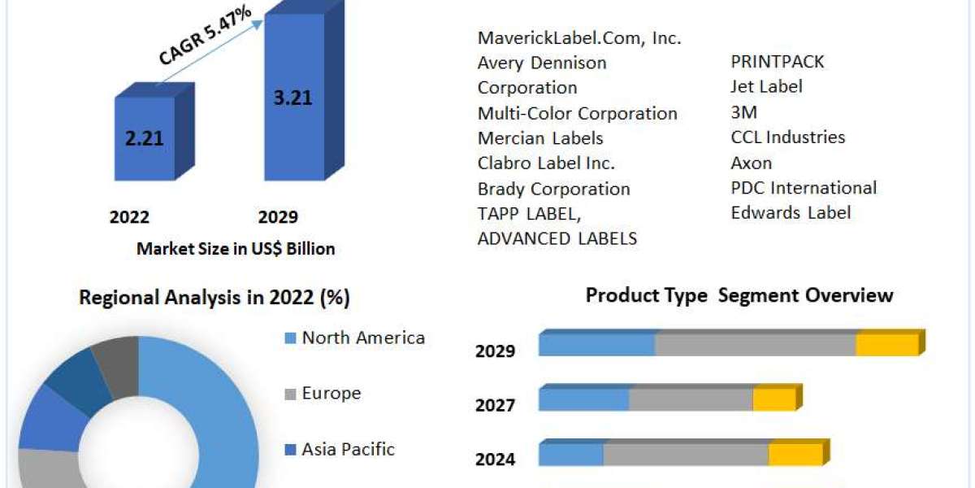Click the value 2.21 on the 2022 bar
pyautogui.click(x=145, y=138)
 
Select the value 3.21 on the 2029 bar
pyautogui.click(x=293, y=98)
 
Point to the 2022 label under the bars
pyautogui.click(x=129, y=217)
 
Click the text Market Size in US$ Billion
pyautogui.click(x=236, y=249)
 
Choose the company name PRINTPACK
pyautogui.click(x=778, y=62)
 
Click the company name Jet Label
pyautogui.click(x=766, y=86)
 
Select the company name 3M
pyautogui.click(x=743, y=112)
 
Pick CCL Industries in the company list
pyautogui.click(x=787, y=137)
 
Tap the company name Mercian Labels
pyautogui.click(x=540, y=138)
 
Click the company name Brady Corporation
pyautogui.click(x=553, y=189)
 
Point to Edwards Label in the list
pyautogui.click(x=791, y=213)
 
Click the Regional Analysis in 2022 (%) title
pyautogui.click(x=214, y=298)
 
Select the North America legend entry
pyautogui.click(x=362, y=338)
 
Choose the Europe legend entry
pyautogui.click(x=331, y=394)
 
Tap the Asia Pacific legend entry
pyautogui.click(x=348, y=449)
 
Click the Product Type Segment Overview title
pyautogui.click(x=739, y=295)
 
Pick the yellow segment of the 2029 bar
pyautogui.click(x=886, y=345)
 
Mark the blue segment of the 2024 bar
pyautogui.click(x=570, y=455)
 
